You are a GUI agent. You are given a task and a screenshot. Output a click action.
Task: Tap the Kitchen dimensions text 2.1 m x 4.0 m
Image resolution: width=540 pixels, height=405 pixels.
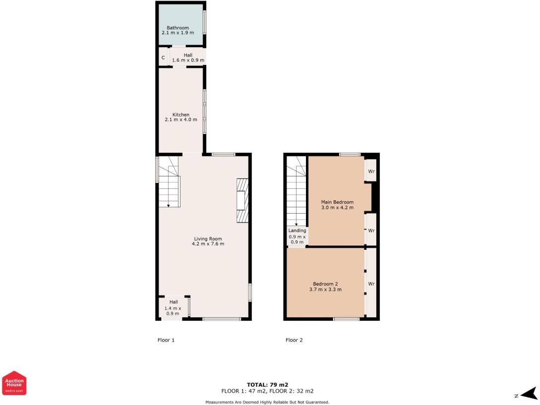pyautogui.click(x=180, y=120)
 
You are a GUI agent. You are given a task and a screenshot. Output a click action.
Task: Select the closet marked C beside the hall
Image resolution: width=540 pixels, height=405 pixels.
pyautogui.click(x=163, y=58)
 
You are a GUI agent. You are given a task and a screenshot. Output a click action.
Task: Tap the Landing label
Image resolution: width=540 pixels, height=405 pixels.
pyautogui.click(x=297, y=231)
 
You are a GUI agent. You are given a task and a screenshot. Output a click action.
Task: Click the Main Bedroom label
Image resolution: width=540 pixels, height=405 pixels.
pyautogui.click(x=337, y=202)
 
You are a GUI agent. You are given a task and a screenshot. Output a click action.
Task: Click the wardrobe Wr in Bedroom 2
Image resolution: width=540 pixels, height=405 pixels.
pyautogui.click(x=370, y=284)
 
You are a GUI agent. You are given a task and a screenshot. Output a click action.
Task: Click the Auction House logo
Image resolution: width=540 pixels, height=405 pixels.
pyautogui.click(x=14, y=383)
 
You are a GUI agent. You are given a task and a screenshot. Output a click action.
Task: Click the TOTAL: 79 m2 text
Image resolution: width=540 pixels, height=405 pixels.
pyautogui.click(x=267, y=385)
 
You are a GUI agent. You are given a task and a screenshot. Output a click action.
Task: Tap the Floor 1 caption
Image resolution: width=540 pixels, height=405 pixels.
pyautogui.click(x=166, y=340)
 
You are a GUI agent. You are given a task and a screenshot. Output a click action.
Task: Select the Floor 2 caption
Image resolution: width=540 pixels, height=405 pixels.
pyautogui.click(x=294, y=340)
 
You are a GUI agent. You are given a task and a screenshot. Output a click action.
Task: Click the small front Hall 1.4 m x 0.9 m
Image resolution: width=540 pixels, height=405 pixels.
pyautogui.click(x=173, y=308)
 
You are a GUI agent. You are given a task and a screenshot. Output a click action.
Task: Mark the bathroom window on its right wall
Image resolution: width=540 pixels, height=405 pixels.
pyautogui.click(x=205, y=22)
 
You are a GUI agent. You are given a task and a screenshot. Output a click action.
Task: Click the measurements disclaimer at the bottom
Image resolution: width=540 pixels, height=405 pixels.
pyautogui.click(x=267, y=402)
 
